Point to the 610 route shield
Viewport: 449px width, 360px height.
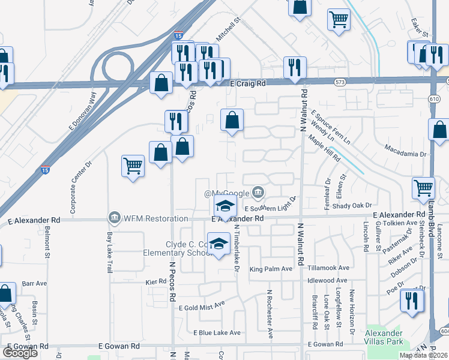coord(434,98)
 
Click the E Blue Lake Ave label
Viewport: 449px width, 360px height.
coord(217,332)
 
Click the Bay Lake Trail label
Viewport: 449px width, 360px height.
coord(109,253)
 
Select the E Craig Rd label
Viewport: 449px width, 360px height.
coord(247,85)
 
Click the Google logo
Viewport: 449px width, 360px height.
coord(20,353)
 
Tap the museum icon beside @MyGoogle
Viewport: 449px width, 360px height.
coord(258,193)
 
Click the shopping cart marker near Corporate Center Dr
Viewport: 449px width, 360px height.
coord(133,165)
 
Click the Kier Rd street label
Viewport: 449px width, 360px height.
coord(155,281)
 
